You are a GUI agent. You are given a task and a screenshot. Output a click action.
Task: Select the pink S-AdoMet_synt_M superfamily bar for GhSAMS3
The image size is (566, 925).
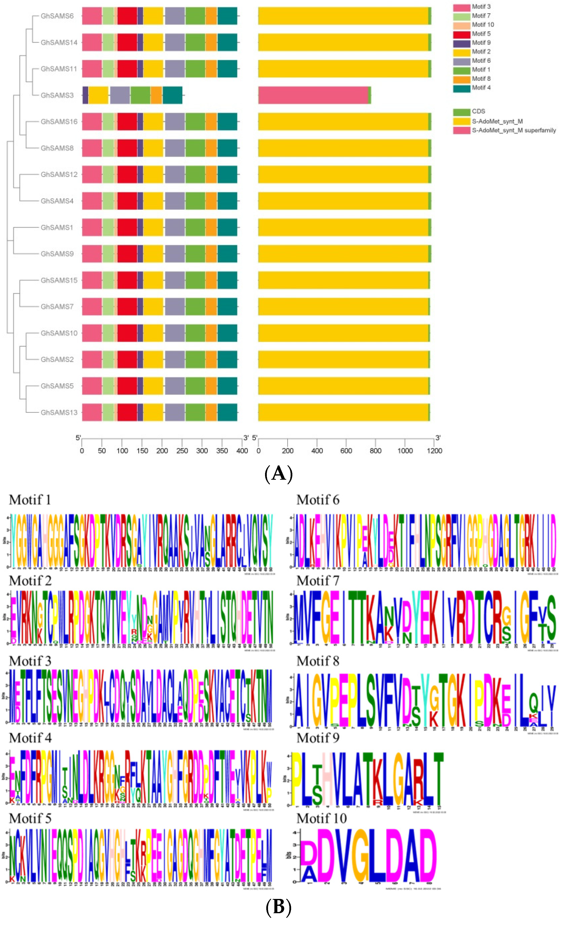click(x=313, y=95)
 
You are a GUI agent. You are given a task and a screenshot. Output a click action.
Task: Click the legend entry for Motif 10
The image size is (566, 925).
click(x=483, y=25)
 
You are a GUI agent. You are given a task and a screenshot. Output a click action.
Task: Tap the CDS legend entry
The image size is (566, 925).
click(x=478, y=112)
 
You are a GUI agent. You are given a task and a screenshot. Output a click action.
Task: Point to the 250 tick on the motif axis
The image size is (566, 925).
click(x=182, y=450)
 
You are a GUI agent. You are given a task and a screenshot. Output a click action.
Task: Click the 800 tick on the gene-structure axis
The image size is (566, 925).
click(x=376, y=450)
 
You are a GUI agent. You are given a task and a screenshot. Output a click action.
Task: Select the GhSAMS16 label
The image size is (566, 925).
click(x=59, y=122)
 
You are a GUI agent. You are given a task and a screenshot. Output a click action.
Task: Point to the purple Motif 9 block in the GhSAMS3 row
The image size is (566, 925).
click(x=85, y=95)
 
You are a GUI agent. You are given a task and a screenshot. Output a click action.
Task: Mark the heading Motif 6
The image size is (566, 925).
click(x=318, y=500)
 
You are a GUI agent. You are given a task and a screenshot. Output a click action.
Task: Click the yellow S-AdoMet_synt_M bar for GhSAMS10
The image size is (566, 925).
click(x=343, y=333)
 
